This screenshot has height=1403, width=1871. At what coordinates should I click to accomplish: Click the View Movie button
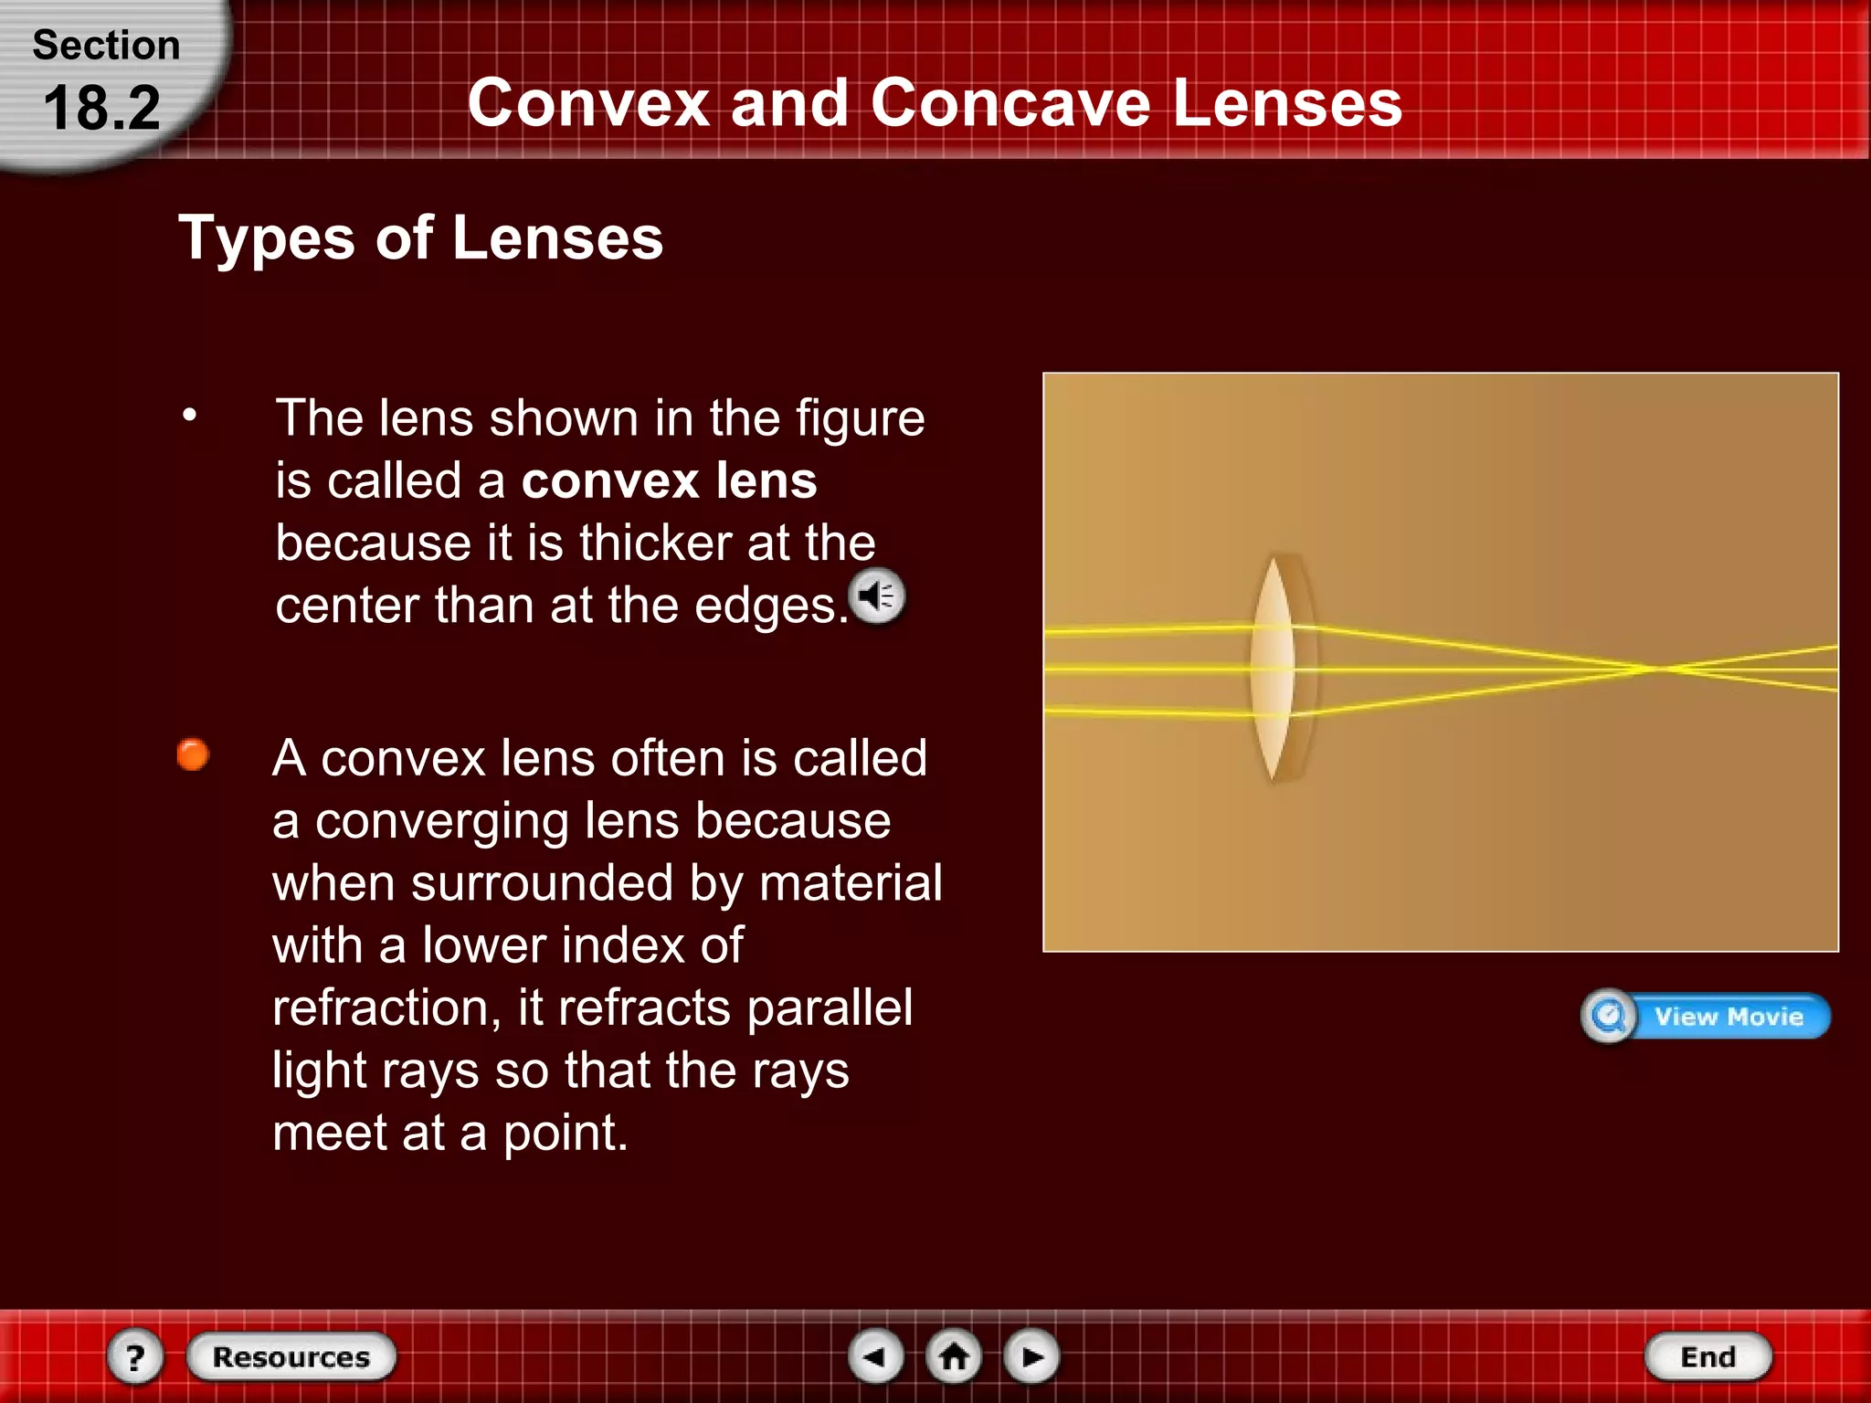[x=1706, y=1016]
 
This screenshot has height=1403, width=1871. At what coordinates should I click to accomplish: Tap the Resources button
[x=291, y=1356]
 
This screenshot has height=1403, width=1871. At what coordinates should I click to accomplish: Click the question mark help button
[x=135, y=1356]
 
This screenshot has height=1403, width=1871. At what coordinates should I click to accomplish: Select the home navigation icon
[x=954, y=1356]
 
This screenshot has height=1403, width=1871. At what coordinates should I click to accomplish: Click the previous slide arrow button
[x=876, y=1356]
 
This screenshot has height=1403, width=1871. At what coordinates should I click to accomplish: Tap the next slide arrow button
[x=1031, y=1356]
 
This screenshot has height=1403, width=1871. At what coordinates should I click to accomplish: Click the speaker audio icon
[x=878, y=596]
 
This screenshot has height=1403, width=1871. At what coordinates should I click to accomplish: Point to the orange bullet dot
[x=193, y=754]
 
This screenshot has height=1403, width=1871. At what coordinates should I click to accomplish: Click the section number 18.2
[x=101, y=108]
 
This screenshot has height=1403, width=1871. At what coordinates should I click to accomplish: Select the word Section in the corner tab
[x=106, y=45]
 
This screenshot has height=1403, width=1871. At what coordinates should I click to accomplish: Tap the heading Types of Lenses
[x=420, y=237]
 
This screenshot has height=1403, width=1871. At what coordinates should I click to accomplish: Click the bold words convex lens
[x=669, y=480]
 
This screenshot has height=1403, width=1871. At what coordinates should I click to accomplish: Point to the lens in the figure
[x=1275, y=669]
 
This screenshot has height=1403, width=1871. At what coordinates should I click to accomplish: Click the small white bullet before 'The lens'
[x=189, y=416]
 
